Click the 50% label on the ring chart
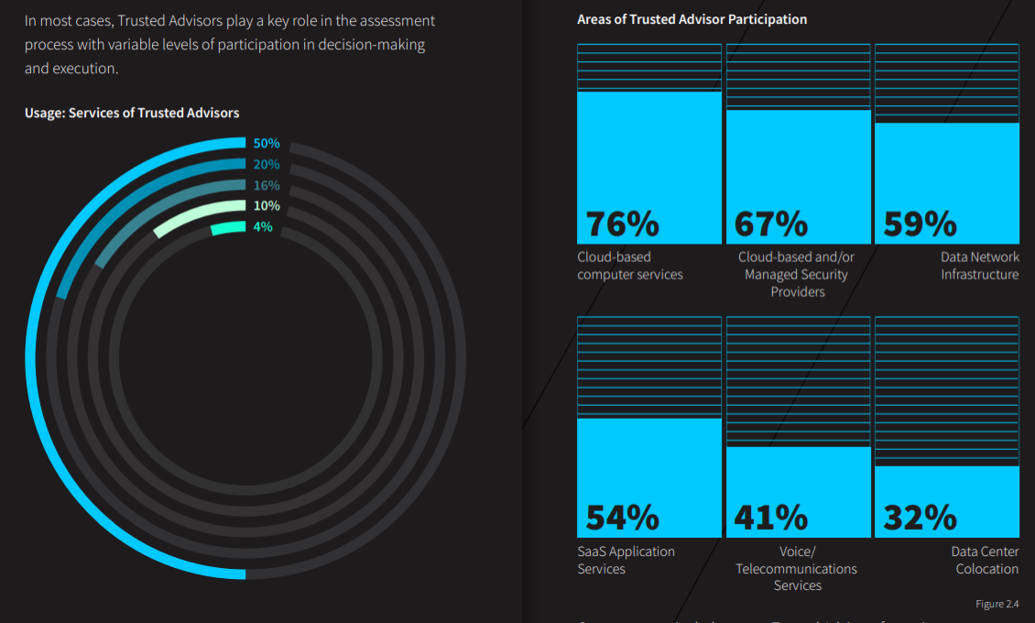point(267,144)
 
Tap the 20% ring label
point(267,165)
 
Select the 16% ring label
point(267,185)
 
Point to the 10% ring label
point(267,206)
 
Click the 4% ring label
point(263,226)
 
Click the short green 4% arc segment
point(228,228)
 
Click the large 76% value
point(623,224)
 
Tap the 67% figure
point(771,224)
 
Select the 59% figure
point(920,224)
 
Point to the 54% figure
point(623,518)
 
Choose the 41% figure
point(771,518)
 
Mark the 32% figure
point(920,518)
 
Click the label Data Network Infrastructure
point(979,266)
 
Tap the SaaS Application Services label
point(626,560)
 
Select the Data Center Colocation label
point(985,560)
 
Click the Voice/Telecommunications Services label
point(797,569)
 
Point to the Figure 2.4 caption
point(997,604)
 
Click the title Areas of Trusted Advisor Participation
point(692,19)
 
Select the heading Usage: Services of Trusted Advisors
point(132,113)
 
